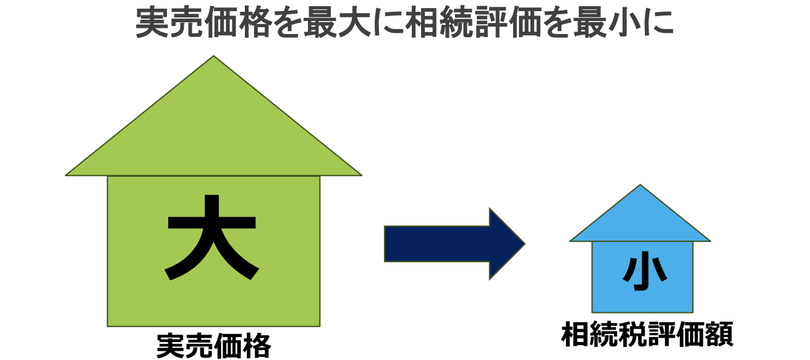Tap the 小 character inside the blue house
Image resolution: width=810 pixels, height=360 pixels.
point(644,273)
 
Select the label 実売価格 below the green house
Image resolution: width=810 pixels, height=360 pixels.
point(213,346)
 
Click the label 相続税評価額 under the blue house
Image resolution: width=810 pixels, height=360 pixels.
point(647,335)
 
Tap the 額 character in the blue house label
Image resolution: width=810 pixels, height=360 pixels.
point(718,335)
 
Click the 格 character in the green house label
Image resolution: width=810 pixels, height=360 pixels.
point(257,346)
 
